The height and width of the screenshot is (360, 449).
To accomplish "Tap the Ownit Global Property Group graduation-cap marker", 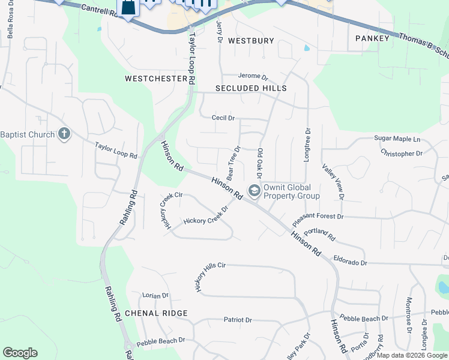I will click(255, 191).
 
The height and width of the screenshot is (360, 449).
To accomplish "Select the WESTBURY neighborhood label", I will click(251, 41).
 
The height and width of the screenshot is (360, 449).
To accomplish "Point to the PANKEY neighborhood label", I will click(372, 38).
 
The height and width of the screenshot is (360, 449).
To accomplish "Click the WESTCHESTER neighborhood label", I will click(155, 79).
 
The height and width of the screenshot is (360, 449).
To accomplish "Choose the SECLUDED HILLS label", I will click(251, 88).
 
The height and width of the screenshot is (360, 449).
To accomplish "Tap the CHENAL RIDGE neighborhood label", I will click(157, 313).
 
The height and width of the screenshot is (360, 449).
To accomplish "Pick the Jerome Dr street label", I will click(253, 76).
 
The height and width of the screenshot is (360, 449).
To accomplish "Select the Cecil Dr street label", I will click(223, 118).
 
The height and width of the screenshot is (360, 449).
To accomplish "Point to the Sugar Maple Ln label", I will click(397, 139).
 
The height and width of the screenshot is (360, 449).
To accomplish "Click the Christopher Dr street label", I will click(402, 154).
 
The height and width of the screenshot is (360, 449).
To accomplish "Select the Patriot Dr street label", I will click(238, 320).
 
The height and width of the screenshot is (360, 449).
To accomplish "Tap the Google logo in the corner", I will click(20, 353).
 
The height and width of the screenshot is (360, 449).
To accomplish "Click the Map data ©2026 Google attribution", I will click(412, 355).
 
